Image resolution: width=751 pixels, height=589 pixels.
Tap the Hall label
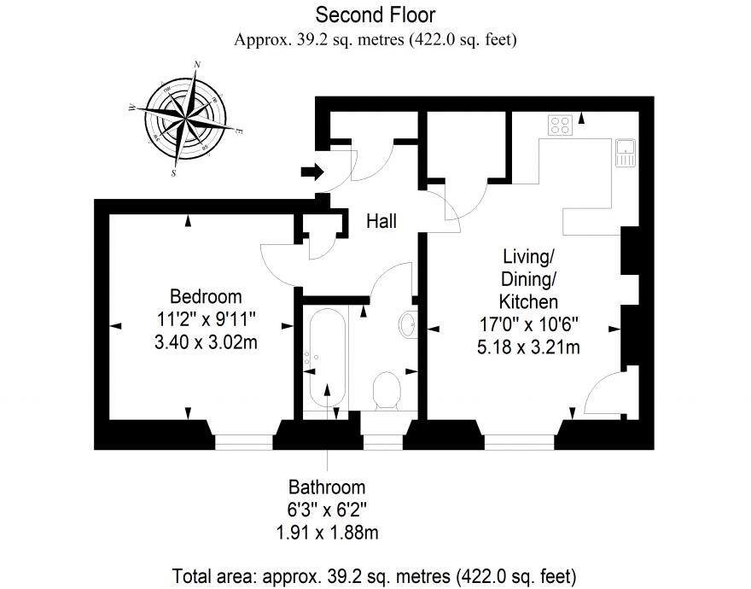381,221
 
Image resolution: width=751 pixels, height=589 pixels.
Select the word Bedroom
206,297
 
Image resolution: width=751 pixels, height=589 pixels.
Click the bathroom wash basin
408,325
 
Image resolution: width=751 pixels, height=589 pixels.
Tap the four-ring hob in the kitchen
561,126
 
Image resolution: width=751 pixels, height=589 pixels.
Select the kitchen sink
626,152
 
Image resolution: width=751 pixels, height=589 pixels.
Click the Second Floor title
375,15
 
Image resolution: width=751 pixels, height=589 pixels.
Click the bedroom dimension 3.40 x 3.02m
206,342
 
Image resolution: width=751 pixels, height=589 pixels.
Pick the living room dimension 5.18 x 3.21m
529,347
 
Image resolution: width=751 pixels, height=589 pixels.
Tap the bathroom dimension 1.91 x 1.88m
327,533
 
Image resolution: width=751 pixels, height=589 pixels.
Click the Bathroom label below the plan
327,488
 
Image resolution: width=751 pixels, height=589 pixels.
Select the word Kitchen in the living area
529,301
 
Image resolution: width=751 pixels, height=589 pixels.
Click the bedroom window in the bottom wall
243,441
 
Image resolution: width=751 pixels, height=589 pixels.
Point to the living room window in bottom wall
519,441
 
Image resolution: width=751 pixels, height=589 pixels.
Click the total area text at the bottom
375,574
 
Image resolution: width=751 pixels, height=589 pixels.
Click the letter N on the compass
198,65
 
